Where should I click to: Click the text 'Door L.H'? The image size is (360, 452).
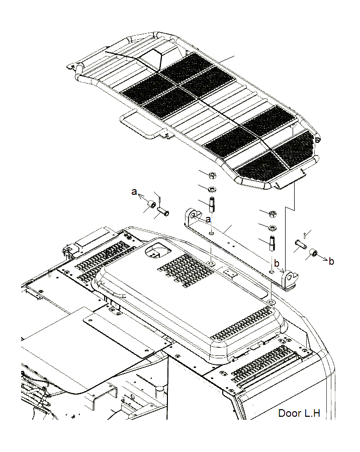pos(299,414)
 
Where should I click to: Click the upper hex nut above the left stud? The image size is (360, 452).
pos(212,176)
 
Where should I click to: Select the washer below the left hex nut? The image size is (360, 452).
pos(212,189)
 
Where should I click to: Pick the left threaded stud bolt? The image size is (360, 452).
pos(212,205)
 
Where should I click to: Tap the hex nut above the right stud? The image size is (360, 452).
pos(272,213)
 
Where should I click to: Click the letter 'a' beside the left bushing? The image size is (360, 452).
pos(134,192)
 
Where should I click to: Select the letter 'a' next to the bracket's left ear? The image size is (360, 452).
pos(208,219)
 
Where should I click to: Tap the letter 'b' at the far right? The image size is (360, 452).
pos(331,261)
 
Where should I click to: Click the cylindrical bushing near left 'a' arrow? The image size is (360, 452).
pos(150,204)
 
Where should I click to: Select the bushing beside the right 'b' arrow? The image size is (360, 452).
pos(313,252)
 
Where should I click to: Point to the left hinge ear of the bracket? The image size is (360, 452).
pos(191,217)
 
